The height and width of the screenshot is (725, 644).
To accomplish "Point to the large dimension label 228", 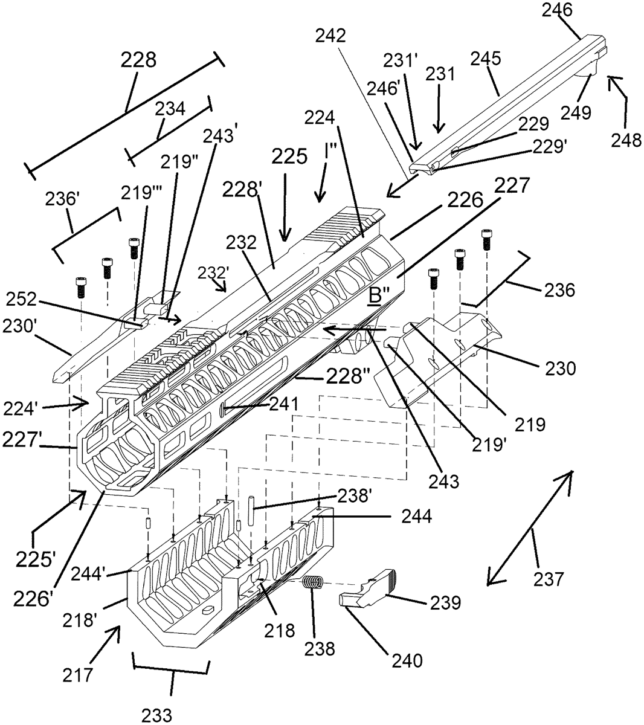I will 138,60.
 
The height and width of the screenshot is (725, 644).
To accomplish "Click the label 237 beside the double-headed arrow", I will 549,579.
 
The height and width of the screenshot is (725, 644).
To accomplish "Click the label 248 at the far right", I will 624,141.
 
